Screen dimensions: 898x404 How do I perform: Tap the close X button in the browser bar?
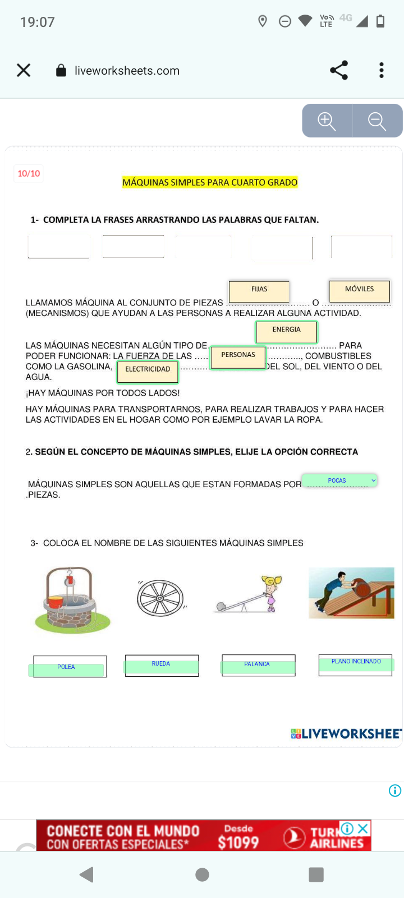pyautogui.click(x=24, y=70)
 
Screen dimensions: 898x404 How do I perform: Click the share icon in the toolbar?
pyautogui.click(x=339, y=70)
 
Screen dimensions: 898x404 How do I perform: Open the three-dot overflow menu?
pyautogui.click(x=382, y=70)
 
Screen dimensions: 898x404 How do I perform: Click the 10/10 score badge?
pyautogui.click(x=29, y=173)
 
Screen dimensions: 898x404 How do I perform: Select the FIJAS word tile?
pyautogui.click(x=259, y=290)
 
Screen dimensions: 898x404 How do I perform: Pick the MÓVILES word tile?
pyautogui.click(x=359, y=290)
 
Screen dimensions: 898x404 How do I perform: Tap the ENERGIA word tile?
pyautogui.click(x=287, y=331)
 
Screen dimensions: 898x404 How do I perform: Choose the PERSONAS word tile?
pyautogui.click(x=238, y=356)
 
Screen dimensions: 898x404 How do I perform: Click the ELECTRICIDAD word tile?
pyautogui.click(x=148, y=370)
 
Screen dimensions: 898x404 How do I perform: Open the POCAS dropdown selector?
pyautogui.click(x=339, y=480)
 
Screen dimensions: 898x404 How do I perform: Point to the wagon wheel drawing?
pyautogui.click(x=160, y=598)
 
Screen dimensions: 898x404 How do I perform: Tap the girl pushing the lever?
pyautogui.click(x=271, y=593)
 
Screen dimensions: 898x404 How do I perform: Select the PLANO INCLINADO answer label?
pyautogui.click(x=356, y=663)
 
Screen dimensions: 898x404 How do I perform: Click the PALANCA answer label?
pyautogui.click(x=258, y=666)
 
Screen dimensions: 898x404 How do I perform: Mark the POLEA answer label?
pyautogui.click(x=66, y=668)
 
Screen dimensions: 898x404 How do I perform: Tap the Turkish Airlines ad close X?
pyautogui.click(x=364, y=828)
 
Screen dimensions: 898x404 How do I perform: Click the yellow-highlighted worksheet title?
pyautogui.click(x=210, y=182)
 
